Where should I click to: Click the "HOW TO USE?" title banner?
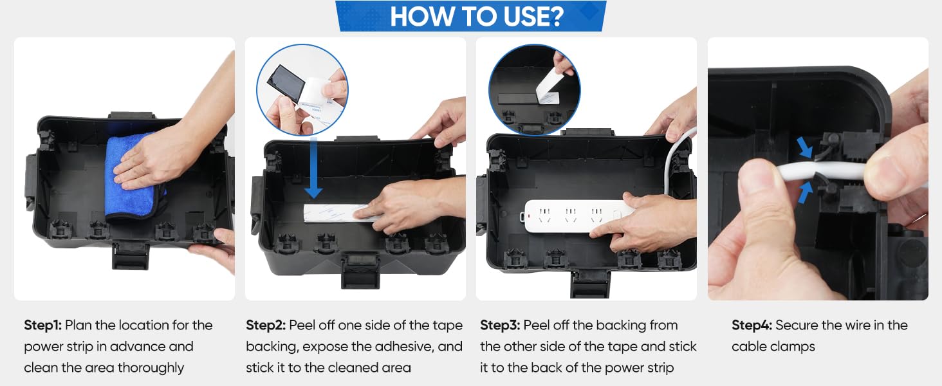(x=471, y=16)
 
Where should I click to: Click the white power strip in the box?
(x=578, y=216)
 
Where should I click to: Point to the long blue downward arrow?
(x=313, y=167)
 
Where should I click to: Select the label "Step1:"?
(x=42, y=325)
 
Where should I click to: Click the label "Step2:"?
(x=266, y=325)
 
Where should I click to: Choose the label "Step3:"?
(x=500, y=325)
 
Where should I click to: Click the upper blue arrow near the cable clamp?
(x=805, y=148)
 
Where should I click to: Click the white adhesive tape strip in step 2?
(x=337, y=213)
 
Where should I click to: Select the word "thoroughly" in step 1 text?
(x=151, y=368)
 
